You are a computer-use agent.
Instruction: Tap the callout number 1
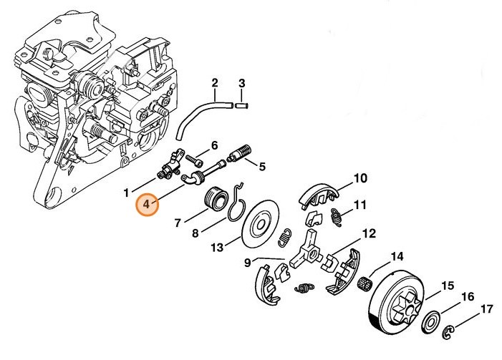pos(126,192)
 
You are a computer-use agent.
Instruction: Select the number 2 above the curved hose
pos(214,83)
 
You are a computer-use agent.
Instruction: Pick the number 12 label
pos(369,233)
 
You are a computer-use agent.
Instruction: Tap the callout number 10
pos(359,177)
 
